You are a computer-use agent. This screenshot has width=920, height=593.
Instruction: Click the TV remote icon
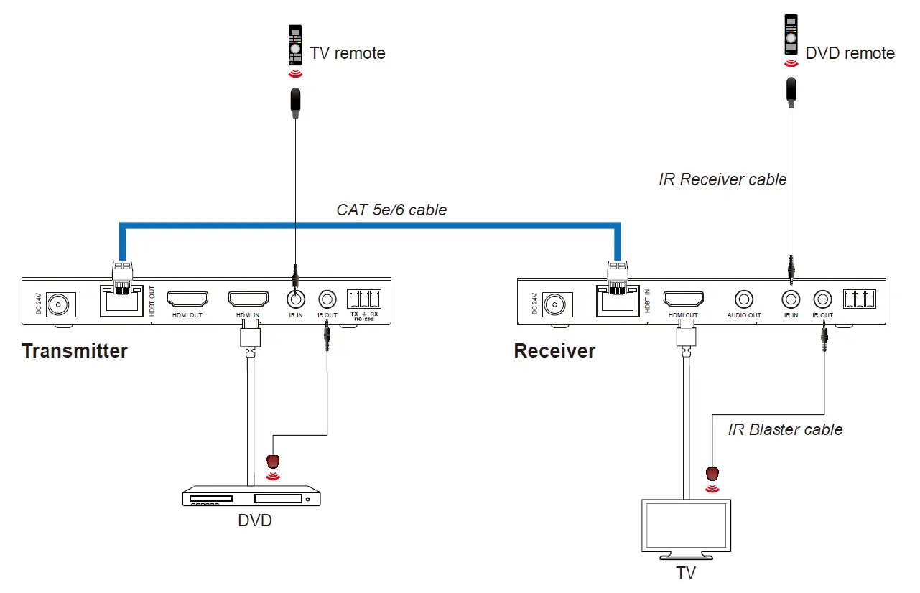point(293,45)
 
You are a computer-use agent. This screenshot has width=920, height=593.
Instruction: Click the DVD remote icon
point(790,36)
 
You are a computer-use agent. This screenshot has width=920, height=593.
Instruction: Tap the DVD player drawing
point(251,496)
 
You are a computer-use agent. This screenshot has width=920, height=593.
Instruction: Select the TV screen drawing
point(687,526)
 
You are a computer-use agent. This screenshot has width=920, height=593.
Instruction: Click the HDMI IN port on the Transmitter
point(248,299)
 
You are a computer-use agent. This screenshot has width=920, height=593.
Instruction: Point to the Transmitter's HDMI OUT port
point(187,299)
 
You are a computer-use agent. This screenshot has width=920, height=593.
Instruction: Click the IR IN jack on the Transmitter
point(295,299)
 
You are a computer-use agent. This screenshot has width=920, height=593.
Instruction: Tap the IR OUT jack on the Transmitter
point(327,299)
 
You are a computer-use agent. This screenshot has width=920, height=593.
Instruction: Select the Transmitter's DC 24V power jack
point(56,304)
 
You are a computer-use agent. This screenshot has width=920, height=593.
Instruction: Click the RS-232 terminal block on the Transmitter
point(363,299)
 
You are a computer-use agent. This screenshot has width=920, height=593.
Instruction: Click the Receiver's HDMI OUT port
point(683,299)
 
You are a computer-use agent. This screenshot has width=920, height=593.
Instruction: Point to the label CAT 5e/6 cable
point(391,210)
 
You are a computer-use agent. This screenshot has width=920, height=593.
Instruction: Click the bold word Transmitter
point(75,350)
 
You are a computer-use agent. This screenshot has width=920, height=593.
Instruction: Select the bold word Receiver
point(554,351)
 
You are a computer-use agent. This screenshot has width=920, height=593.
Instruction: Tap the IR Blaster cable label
point(785,429)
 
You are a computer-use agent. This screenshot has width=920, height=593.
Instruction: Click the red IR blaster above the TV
point(712,474)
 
